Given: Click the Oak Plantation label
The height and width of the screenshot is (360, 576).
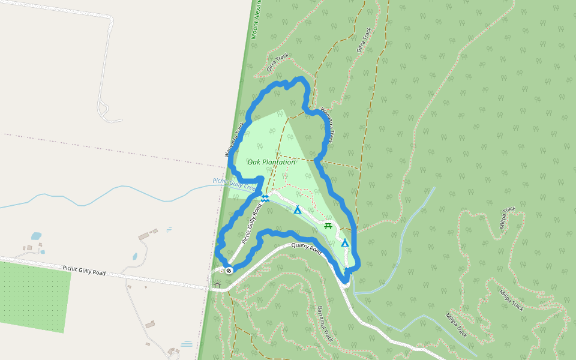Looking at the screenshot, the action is pos(271,162).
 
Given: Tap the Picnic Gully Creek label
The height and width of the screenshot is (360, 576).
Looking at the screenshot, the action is pos(235,183).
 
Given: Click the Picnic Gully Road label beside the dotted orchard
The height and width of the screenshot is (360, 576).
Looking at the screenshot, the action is pos(83,271).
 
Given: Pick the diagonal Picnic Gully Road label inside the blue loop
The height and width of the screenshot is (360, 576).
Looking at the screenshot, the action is pos(252,223).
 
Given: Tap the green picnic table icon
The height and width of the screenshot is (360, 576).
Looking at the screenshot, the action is pos(328,226).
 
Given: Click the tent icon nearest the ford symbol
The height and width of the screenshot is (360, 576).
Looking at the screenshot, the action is pos(297,210).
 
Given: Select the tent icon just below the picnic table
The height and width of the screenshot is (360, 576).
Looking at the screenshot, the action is pos(345,243).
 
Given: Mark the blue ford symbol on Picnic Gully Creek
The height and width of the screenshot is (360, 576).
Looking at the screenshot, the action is pos(265,197).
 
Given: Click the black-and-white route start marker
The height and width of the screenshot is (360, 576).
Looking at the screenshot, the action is pos(229,270).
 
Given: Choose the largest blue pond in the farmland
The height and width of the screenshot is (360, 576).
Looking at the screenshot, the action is pos(37,236).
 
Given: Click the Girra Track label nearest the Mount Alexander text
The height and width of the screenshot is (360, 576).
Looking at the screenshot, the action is pos(278,64).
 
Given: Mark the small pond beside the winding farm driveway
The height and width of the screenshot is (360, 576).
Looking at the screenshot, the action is pos(135,256).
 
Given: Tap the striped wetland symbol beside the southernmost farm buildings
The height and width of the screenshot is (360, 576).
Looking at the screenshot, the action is pos(187,344).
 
